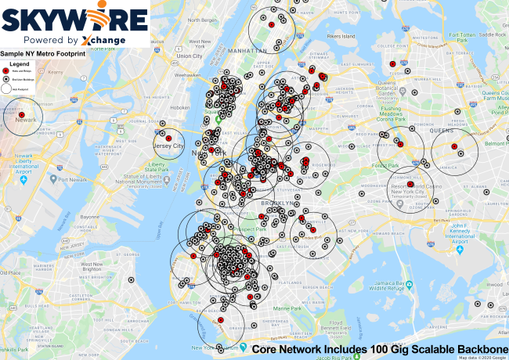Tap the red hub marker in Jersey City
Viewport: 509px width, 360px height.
click(168, 142)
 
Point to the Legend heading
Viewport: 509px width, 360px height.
click(20, 63)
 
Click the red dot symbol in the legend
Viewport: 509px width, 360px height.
click(6, 70)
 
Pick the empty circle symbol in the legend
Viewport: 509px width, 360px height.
click(6, 88)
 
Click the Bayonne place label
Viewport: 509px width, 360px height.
click(92, 215)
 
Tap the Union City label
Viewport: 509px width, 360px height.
click(190, 56)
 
